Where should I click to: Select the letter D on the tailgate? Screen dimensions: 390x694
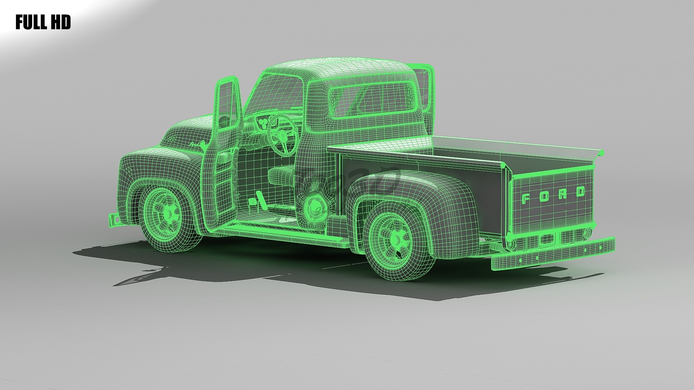[x=580, y=191]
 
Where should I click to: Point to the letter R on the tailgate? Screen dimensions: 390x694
[x=562, y=194]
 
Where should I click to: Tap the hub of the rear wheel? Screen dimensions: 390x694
[x=397, y=239]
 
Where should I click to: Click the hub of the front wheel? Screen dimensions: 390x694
[x=168, y=213]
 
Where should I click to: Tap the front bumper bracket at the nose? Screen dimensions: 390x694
[x=114, y=219]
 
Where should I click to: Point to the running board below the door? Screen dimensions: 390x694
[x=286, y=233]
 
